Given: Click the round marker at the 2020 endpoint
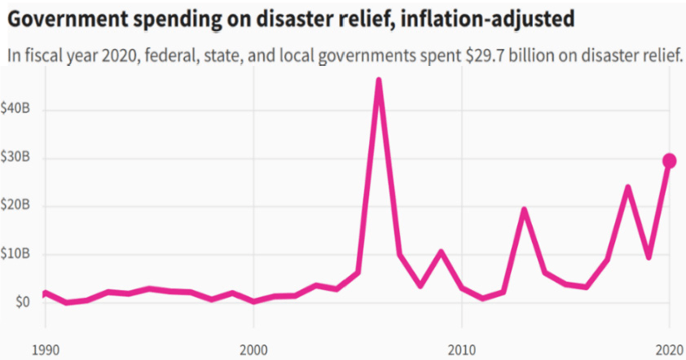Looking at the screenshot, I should [x=669, y=160].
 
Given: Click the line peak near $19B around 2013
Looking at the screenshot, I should [x=524, y=210].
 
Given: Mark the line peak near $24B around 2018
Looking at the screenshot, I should [x=627, y=187].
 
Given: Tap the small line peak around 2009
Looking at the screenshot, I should [x=441, y=252].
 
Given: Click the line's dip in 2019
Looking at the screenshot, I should [x=649, y=257].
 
